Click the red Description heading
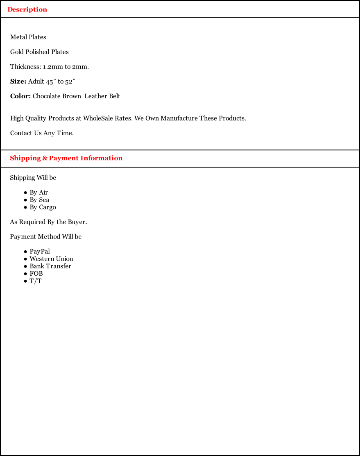27,9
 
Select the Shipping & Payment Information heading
66,158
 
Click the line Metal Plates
28,37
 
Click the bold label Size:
18,82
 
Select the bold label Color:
20,96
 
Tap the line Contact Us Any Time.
42,133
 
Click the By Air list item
38,193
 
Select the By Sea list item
39,200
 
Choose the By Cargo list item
43,207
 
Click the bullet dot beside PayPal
25,252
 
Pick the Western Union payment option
51,259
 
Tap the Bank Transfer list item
50,266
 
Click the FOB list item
36,274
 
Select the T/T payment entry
36,281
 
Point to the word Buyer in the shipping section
77,222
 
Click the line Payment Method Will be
46,237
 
